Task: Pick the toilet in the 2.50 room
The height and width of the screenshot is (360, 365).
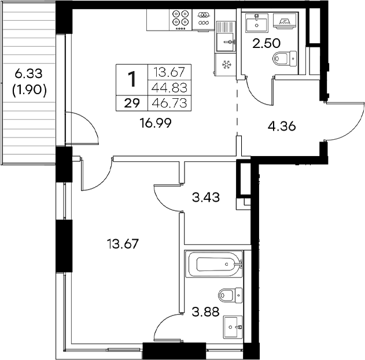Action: point(285,58)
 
